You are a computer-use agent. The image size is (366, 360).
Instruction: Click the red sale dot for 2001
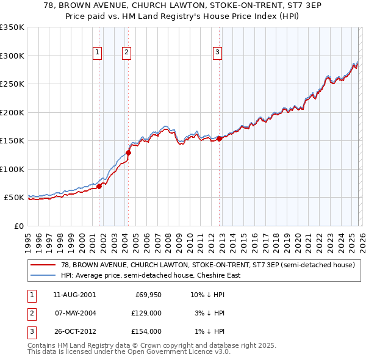[x=99, y=186]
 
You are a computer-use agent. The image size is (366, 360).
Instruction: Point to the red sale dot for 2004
[x=128, y=153]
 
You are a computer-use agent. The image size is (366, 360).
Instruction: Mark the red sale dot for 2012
[x=219, y=139]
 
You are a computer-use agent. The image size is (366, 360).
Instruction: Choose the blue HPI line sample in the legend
[x=43, y=275]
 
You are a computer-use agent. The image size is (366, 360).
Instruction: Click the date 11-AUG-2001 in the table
[x=75, y=295]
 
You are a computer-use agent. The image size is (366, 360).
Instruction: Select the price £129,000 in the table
[x=147, y=313]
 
